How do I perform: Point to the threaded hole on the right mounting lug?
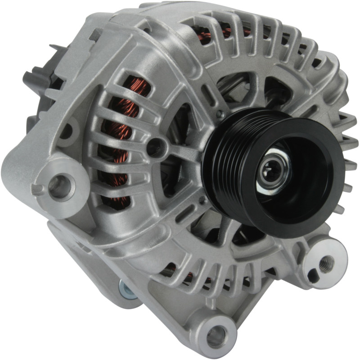pos(326,262)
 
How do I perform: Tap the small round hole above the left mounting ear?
pos(66,131)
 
